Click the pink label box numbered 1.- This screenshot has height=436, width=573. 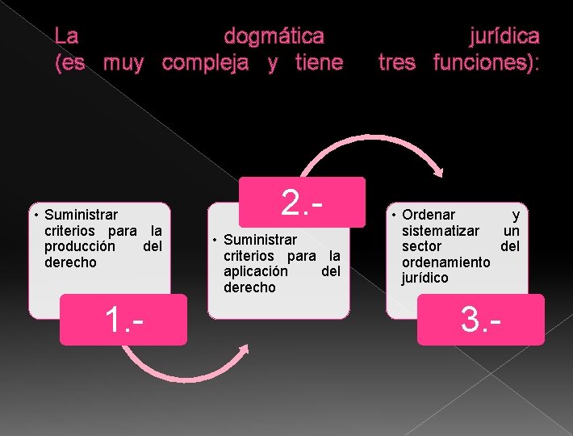[x=123, y=320]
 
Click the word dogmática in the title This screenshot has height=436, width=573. [x=274, y=36]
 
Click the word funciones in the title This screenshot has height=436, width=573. [x=483, y=62]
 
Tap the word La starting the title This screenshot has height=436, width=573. [x=66, y=36]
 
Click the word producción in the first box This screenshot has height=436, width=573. [x=80, y=246]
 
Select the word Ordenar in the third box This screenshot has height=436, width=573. [x=429, y=215]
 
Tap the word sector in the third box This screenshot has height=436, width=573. [x=421, y=246]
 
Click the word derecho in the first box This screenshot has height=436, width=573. [x=70, y=262]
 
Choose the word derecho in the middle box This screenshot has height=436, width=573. [x=249, y=287]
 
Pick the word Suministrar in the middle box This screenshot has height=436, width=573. [x=260, y=240]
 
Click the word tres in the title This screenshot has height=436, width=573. [x=397, y=62]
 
